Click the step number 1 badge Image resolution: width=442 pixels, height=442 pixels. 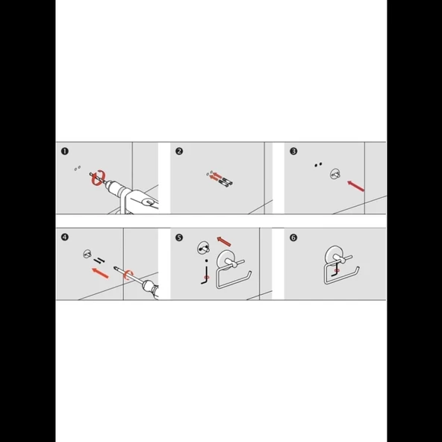point(65,152)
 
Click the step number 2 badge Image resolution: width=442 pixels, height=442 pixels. point(179,152)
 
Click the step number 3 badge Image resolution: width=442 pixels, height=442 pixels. point(293,152)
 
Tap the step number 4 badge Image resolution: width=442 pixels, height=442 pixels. point(65,237)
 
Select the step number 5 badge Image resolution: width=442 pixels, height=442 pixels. point(179,237)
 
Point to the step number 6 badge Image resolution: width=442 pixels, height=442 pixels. point(293,237)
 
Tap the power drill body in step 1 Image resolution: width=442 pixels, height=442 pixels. point(132,197)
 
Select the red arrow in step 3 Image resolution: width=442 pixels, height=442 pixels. point(355,187)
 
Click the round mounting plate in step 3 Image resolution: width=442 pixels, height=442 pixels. point(335,174)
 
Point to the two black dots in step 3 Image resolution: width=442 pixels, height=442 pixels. point(318,164)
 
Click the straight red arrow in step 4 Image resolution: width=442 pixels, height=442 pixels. point(100,273)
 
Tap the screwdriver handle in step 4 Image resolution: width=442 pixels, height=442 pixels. point(150,288)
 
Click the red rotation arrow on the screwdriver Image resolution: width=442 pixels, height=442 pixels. point(128,275)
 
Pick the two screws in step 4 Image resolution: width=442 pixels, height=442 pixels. point(99,261)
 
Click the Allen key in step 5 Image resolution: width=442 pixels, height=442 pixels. point(207,275)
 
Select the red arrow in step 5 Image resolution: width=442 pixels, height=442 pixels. point(224,242)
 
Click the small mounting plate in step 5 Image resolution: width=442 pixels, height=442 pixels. point(203,248)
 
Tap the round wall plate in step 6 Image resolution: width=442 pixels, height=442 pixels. point(329,255)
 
